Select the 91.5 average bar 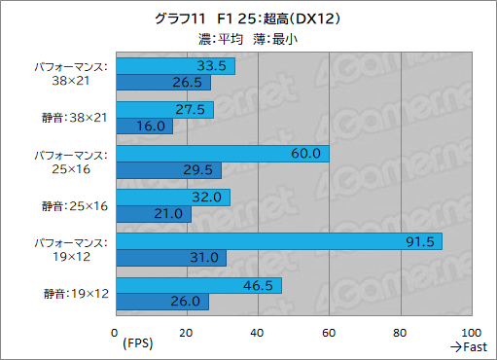[278, 241]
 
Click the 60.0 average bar [222, 154]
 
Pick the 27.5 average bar [164, 110]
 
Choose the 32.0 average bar [172, 198]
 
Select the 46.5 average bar [198, 285]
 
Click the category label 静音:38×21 [76, 118]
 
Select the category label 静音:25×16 [76, 205]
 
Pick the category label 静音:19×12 [76, 293]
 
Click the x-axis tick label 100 [472, 333]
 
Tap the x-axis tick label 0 [116, 333]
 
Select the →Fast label [468, 347]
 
